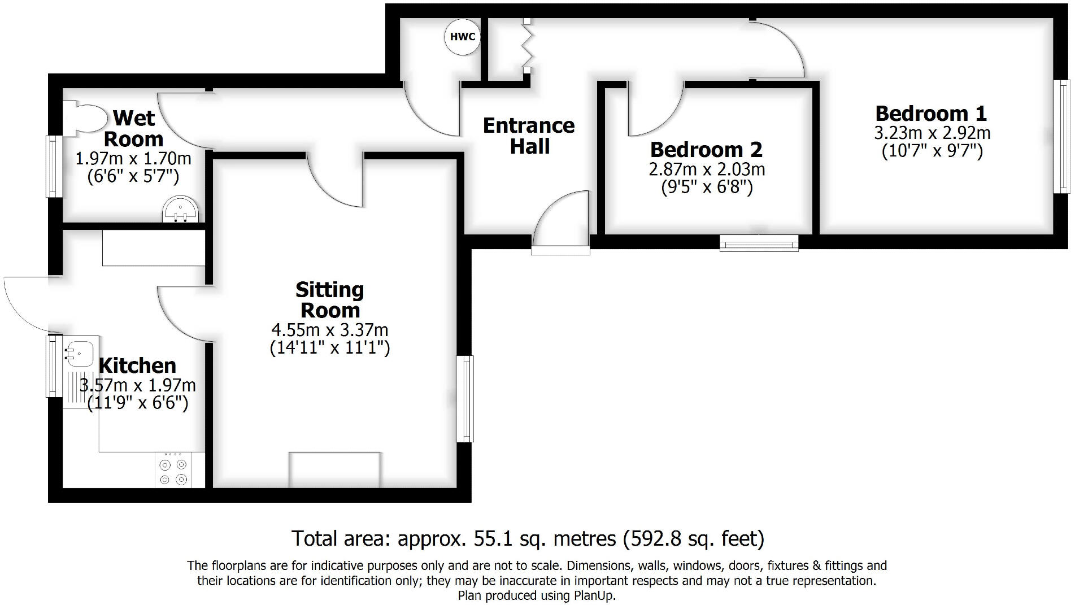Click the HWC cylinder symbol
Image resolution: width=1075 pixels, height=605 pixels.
[x=463, y=37]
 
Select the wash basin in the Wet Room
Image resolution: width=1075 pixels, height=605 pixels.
[x=181, y=210]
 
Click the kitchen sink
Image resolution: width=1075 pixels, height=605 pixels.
[x=79, y=353]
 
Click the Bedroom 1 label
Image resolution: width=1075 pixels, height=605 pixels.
[x=930, y=114]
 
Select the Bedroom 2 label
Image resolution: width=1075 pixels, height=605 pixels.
[x=706, y=150]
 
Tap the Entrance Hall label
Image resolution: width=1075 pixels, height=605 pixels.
[x=529, y=136]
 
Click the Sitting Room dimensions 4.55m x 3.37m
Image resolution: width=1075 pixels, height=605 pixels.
[x=330, y=329]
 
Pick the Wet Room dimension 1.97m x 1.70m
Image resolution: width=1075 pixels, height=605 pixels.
[x=133, y=159]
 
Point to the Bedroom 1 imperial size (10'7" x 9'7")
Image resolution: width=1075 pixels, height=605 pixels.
[x=932, y=151]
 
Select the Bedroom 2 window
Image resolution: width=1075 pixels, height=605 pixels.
[x=759, y=243]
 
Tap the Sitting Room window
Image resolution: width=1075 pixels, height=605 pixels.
[x=466, y=399]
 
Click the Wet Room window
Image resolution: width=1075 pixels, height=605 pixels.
[x=53, y=166]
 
